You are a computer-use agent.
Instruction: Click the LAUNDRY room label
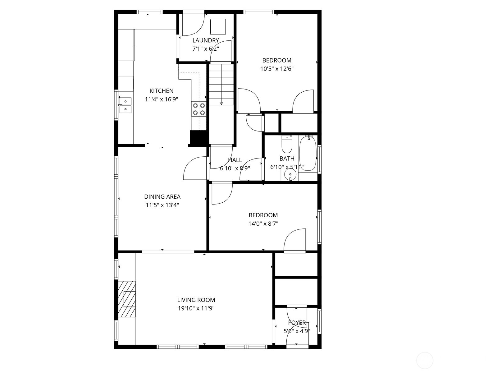(x=206, y=40)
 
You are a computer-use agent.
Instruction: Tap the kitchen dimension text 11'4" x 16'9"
(x=162, y=99)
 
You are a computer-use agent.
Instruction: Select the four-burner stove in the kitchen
(x=199, y=109)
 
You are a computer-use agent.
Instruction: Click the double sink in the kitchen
(x=125, y=105)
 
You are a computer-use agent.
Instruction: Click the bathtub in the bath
(x=308, y=154)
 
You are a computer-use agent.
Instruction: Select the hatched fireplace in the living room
(x=127, y=299)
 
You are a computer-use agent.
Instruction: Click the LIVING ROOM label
(x=196, y=300)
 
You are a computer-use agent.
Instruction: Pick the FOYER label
(x=297, y=323)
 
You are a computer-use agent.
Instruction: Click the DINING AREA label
(x=162, y=197)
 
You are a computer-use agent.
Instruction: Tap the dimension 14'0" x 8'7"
(x=263, y=223)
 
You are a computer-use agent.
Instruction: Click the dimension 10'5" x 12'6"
(x=277, y=69)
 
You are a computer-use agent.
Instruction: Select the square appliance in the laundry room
(x=218, y=27)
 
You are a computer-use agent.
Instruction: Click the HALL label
(x=235, y=160)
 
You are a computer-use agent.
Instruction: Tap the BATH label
(x=287, y=159)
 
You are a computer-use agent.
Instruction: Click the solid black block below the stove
(x=198, y=138)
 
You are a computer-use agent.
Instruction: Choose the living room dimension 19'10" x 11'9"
(x=196, y=308)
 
